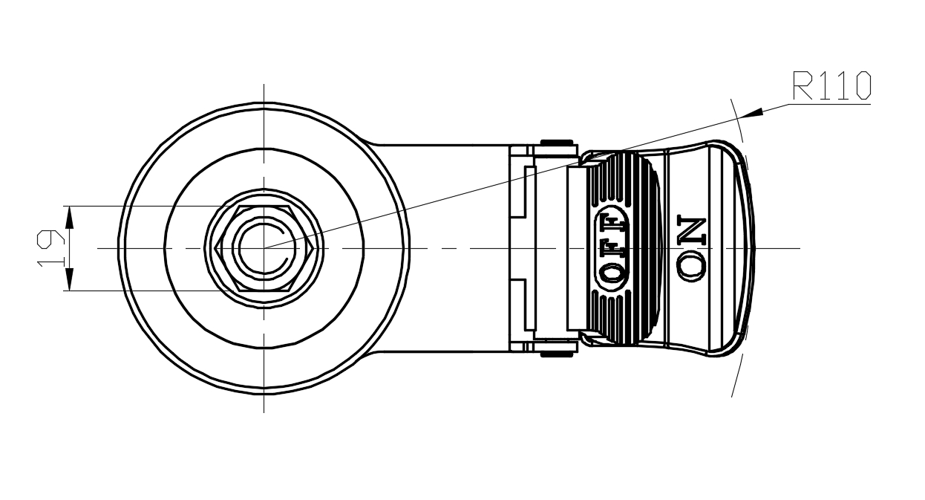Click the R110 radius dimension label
[x=831, y=86]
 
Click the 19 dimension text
[x=50, y=248]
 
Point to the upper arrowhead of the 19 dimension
[x=68, y=216]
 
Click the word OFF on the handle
[x=612, y=248]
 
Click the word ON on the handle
[x=691, y=249]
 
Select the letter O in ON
[x=691, y=267]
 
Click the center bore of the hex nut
[x=264, y=248]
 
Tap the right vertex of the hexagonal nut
[x=312, y=248]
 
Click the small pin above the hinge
[x=557, y=142]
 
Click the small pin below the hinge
[x=557, y=354]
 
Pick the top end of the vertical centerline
[x=264, y=84]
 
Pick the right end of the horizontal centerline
[x=800, y=247]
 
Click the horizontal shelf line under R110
[x=828, y=104]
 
